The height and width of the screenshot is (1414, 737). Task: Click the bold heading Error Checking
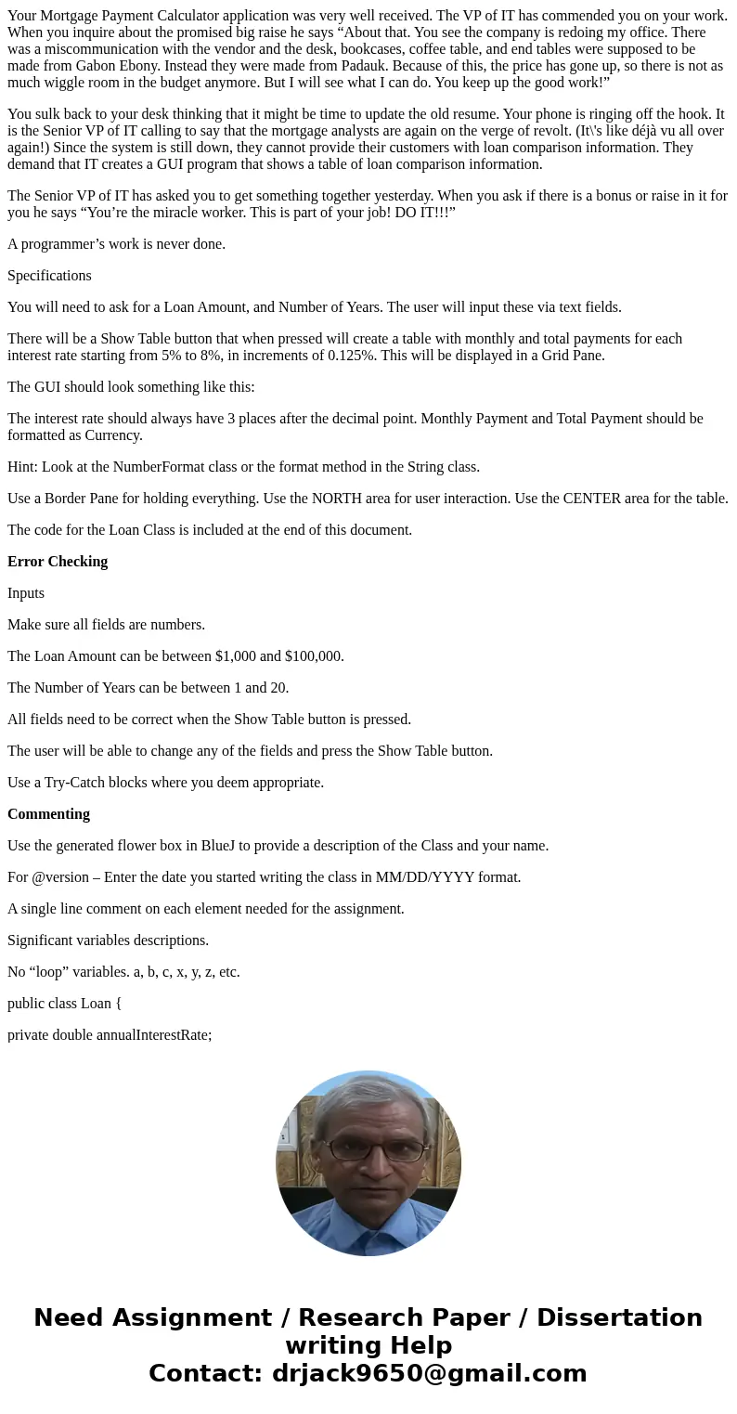coord(58,562)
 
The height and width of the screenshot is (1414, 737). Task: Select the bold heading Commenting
coord(48,814)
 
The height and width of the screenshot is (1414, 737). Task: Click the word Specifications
coord(49,276)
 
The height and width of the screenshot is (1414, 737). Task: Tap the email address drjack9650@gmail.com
coord(430,1373)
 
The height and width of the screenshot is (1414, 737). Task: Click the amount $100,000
coord(315,656)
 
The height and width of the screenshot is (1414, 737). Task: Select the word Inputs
coord(26,593)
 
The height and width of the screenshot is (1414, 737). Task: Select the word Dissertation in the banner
coord(619,1317)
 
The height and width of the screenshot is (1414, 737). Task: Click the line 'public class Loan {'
coord(65,1004)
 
